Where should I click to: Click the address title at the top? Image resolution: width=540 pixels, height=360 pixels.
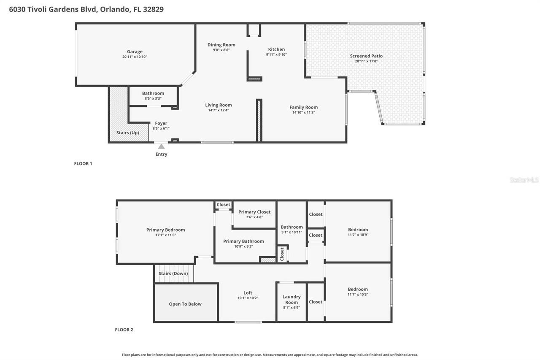[x=86, y=9]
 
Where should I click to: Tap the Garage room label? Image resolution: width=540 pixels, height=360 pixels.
[x=135, y=52]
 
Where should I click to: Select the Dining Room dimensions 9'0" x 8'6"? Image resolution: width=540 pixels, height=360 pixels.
[x=221, y=50]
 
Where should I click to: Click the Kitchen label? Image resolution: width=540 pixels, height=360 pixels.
[x=276, y=49]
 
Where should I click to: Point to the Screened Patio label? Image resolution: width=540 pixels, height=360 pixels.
[x=366, y=56]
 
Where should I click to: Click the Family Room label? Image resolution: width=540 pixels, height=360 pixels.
[x=303, y=107]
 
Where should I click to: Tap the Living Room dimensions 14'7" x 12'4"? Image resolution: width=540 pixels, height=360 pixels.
[x=219, y=110]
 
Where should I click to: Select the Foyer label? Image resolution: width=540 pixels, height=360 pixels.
[x=161, y=123]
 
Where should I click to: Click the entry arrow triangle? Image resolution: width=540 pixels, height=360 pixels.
[x=161, y=146]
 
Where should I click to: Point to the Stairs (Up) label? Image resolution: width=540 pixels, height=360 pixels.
[x=127, y=133]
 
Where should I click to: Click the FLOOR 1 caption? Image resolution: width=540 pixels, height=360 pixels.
[x=83, y=163]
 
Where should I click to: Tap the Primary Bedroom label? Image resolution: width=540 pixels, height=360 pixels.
[x=165, y=230]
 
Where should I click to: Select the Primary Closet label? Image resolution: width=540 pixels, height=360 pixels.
[x=254, y=212]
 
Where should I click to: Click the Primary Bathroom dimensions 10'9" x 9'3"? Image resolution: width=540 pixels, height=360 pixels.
[x=243, y=246]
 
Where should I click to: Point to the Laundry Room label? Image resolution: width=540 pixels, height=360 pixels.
[x=292, y=299]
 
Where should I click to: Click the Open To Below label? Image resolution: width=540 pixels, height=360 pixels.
[x=185, y=304]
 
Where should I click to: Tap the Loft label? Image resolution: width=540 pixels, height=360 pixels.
[x=248, y=293]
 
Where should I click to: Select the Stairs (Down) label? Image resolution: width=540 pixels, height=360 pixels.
[x=173, y=273]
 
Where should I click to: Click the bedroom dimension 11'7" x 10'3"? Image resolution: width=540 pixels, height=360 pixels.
[x=358, y=295]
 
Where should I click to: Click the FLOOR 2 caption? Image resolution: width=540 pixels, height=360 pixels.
[x=124, y=330]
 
